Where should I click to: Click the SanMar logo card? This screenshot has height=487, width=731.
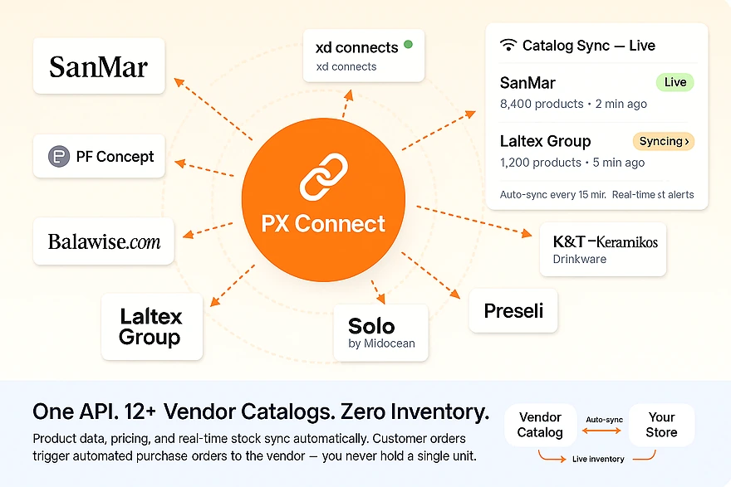99,66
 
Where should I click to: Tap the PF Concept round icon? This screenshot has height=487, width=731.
59,156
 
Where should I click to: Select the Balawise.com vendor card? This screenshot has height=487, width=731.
104,241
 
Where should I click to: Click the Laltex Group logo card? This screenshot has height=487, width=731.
150,326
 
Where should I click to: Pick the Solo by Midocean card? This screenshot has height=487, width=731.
380,332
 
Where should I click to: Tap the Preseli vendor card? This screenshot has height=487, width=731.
513,310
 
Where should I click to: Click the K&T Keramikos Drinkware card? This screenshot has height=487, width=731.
603,248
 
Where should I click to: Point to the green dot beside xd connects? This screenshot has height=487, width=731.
408,45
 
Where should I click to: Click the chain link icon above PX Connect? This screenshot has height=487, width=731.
323,177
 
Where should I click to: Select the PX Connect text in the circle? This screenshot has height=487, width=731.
323,223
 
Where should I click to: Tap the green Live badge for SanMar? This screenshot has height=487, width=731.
675,82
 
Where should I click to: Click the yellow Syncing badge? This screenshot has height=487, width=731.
663,141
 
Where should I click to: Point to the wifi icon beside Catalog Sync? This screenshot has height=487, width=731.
508,46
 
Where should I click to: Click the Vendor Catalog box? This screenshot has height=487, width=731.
540,425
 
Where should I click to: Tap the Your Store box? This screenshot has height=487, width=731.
661,425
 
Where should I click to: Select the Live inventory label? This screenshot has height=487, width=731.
598,459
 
